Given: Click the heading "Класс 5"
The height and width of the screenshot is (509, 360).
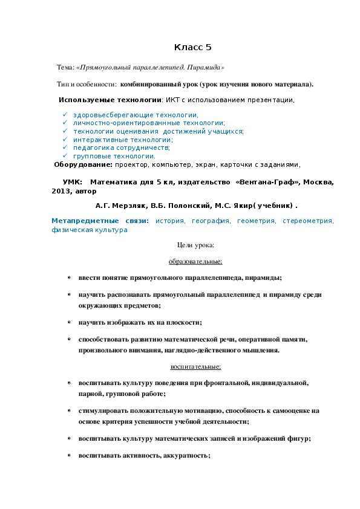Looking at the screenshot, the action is click(192, 47).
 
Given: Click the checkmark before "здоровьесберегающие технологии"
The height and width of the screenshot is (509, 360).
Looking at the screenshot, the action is click(64, 114).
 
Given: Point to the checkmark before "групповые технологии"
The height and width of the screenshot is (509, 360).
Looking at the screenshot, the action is click(64, 155).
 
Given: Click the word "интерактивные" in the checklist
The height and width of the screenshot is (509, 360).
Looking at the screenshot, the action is click(97, 139).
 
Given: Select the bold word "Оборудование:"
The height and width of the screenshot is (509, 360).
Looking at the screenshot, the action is click(83, 164).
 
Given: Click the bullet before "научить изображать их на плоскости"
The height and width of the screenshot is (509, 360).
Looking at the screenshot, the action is click(69, 323).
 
